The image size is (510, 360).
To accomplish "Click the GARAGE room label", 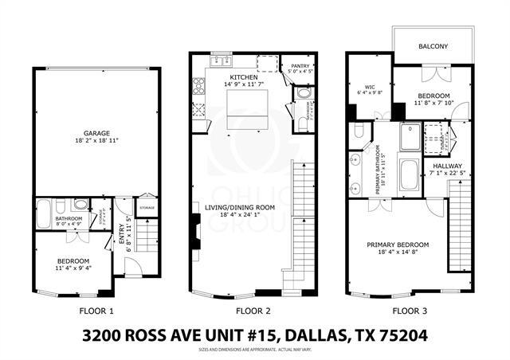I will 96,133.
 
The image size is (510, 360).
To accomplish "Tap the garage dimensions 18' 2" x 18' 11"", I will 96,141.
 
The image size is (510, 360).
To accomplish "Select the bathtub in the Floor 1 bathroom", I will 43,213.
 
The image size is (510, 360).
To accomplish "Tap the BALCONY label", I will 433,47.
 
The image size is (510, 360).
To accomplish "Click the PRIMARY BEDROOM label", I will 398,245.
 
